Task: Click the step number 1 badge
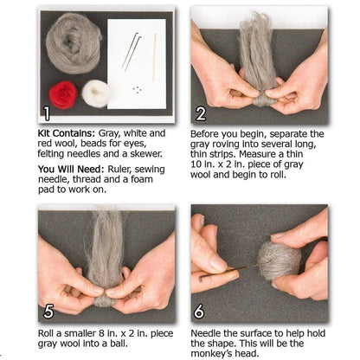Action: [48, 112]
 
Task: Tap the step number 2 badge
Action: [201, 112]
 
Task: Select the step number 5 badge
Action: [48, 310]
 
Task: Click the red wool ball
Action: [63, 93]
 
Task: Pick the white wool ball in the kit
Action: [96, 93]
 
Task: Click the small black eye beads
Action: [136, 88]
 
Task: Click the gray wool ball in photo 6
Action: [277, 260]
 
